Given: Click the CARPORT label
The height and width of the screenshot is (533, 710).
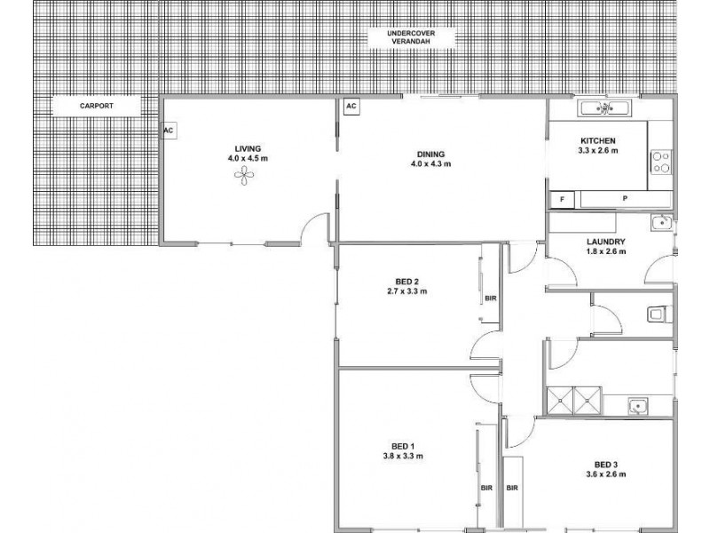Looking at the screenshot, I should [x=96, y=106].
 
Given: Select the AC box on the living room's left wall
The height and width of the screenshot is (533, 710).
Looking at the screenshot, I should [x=168, y=130].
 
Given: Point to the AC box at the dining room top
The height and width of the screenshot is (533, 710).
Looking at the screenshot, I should [x=351, y=106].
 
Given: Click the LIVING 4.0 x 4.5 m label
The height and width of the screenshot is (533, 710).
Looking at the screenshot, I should [x=243, y=153].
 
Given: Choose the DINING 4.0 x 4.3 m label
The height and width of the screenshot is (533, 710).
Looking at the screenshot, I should [x=431, y=158].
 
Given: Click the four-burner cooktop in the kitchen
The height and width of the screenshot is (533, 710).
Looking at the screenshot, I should [x=661, y=163].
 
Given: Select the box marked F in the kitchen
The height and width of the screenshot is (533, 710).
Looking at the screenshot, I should [x=562, y=198].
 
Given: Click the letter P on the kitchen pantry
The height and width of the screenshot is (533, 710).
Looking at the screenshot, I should [x=624, y=198].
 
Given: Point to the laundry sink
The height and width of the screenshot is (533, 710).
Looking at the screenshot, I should [x=658, y=223].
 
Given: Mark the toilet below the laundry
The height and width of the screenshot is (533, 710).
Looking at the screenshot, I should [x=659, y=312].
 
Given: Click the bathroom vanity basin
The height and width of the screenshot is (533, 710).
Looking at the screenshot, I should [x=637, y=406].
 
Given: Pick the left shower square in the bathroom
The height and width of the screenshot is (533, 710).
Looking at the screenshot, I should [x=560, y=401].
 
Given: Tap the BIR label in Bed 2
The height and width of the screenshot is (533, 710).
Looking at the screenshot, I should [x=490, y=298].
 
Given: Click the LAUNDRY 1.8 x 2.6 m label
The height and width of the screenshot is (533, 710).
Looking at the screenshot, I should [x=607, y=246].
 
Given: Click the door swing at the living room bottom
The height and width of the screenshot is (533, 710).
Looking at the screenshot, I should [x=313, y=229].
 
